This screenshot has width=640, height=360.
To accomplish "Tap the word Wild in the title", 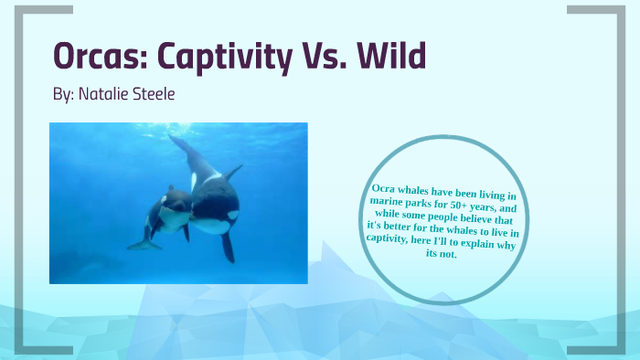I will click(x=389, y=58).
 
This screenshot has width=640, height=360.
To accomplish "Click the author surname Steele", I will click(x=155, y=95).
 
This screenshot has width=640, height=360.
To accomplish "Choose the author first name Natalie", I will click(x=105, y=95).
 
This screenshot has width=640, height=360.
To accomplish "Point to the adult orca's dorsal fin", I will click(x=234, y=171).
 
